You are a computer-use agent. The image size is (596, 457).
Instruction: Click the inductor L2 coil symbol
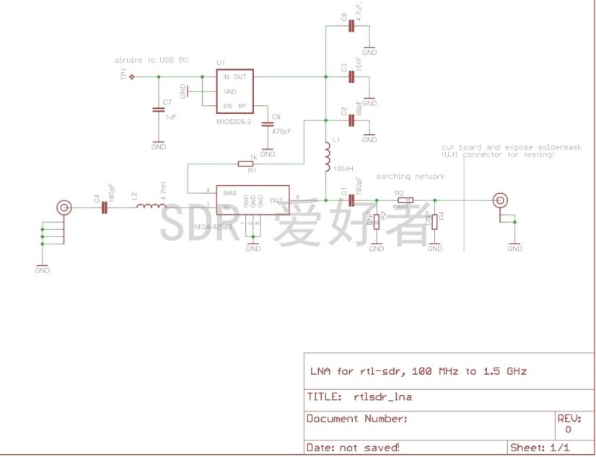point(152,208)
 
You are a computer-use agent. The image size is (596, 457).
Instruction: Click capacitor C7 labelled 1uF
point(158,110)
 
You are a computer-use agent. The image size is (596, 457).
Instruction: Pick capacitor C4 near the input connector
point(104,208)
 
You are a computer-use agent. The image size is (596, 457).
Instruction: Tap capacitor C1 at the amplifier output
point(351,200)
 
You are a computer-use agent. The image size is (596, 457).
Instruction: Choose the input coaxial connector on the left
point(64,208)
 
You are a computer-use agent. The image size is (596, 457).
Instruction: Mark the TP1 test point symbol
point(131,76)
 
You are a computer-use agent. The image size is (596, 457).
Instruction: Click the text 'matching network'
point(410,177)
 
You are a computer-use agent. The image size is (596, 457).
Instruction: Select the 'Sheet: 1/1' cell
point(540,448)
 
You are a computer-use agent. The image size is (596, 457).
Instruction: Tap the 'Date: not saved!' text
point(353,448)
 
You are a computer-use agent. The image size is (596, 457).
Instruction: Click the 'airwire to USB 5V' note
point(152,60)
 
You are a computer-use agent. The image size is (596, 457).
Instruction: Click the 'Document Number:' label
point(357,419)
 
